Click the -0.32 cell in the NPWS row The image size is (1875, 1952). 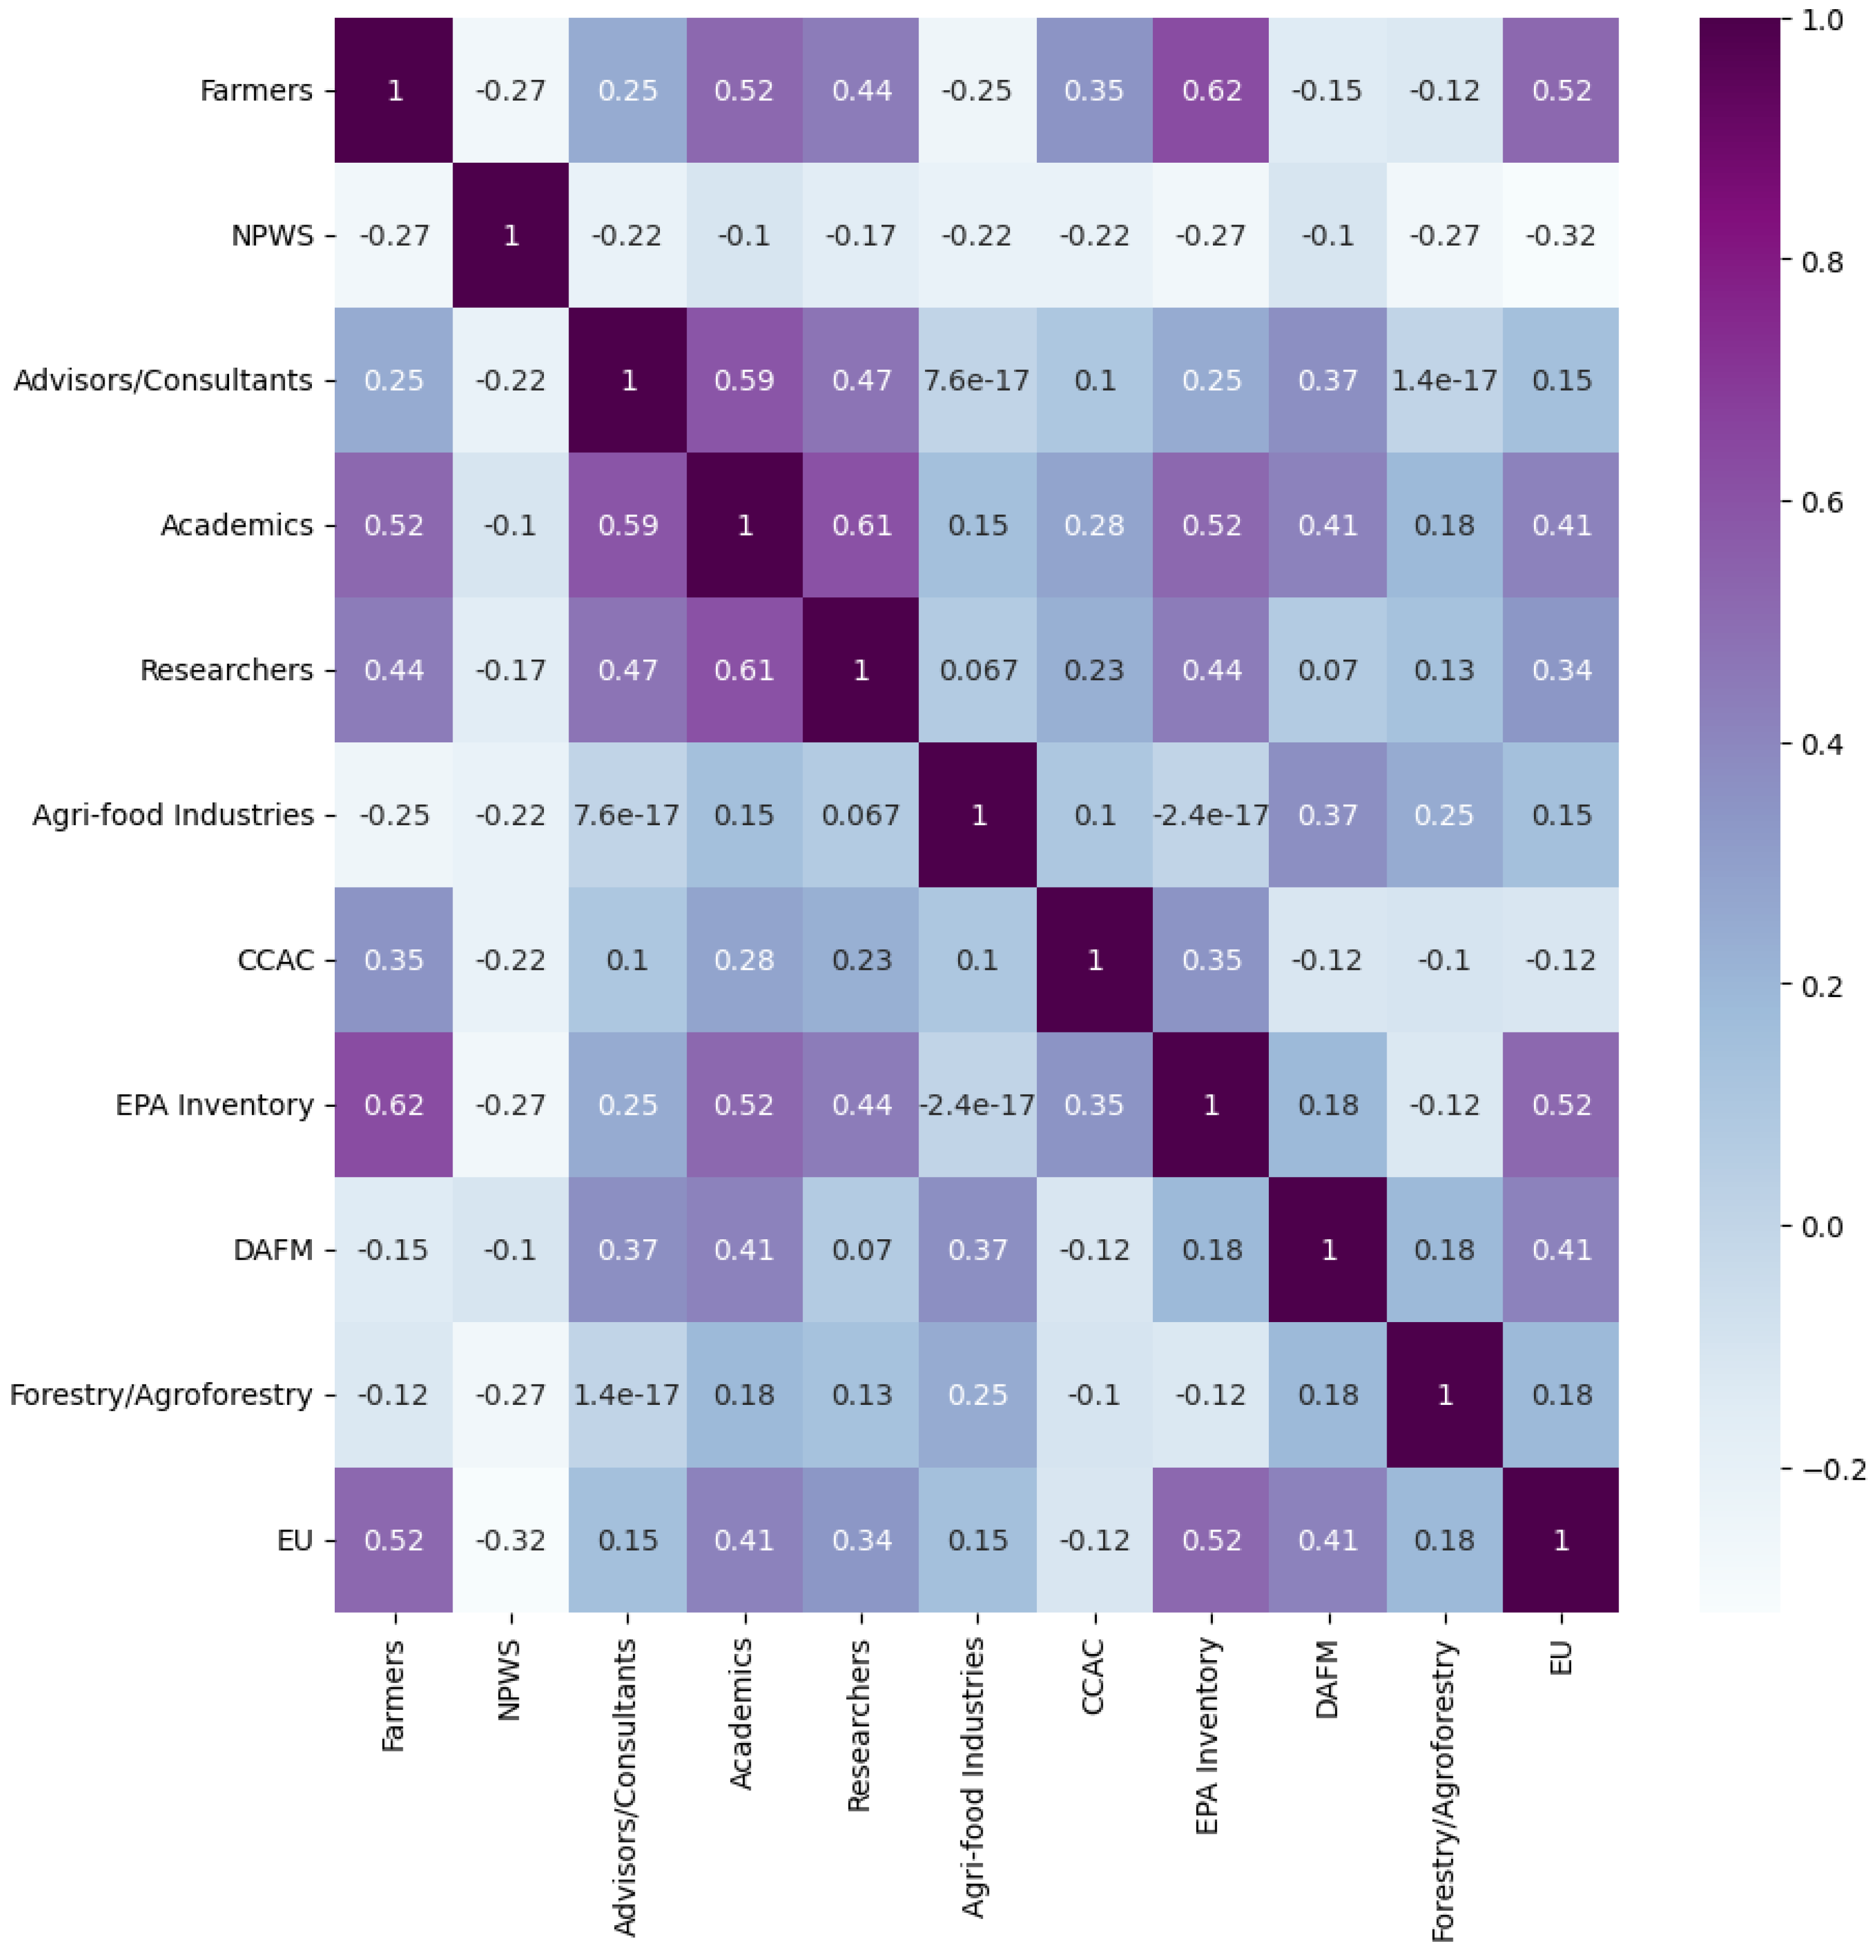click(x=1561, y=236)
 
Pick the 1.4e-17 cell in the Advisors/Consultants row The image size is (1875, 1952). click(x=1444, y=380)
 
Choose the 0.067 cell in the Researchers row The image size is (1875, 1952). click(x=978, y=670)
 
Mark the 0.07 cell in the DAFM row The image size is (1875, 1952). click(x=862, y=1250)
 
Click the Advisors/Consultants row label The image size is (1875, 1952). click(x=163, y=380)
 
